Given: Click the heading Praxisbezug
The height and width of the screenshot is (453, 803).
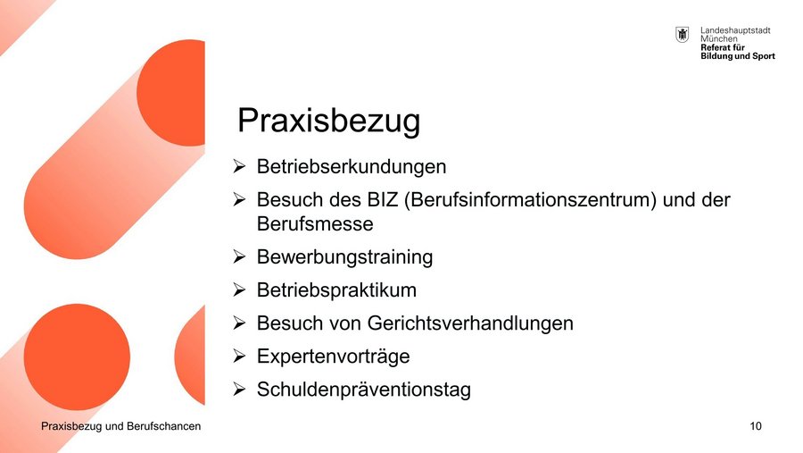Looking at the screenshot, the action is click(x=328, y=122).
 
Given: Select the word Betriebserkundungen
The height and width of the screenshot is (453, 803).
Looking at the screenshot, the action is click(x=352, y=167).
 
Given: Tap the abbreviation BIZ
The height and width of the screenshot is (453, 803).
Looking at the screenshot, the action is click(x=383, y=199).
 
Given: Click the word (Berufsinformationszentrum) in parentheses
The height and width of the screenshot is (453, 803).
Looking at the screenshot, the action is click(x=530, y=200).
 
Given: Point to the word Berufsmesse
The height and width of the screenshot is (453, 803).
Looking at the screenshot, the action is click(x=315, y=223).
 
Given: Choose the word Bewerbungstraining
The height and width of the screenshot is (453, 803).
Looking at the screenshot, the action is click(x=344, y=257).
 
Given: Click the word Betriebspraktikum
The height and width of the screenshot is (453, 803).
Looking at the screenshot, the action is click(x=336, y=290).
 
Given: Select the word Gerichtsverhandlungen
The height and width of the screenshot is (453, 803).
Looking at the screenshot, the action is click(x=470, y=323).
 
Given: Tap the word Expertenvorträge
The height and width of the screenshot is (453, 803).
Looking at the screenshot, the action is click(x=334, y=357).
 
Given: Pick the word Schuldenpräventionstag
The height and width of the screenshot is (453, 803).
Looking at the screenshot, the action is click(x=364, y=390).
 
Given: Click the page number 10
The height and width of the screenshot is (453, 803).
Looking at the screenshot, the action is click(x=756, y=426).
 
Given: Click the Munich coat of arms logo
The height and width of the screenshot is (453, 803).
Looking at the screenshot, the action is click(x=683, y=35).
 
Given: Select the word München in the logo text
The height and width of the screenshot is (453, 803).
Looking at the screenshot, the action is click(x=719, y=39).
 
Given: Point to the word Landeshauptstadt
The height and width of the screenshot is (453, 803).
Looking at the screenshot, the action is click(x=735, y=30).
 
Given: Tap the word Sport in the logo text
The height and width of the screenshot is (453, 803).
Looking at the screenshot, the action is click(x=764, y=56).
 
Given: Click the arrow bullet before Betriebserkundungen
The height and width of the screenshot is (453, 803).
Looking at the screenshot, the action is click(x=239, y=166).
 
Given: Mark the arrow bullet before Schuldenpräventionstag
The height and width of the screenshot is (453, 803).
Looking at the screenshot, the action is click(x=239, y=389).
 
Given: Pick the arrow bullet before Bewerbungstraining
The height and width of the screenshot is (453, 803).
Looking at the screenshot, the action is click(x=239, y=256).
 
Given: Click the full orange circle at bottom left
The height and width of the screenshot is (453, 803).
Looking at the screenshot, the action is click(x=77, y=357).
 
